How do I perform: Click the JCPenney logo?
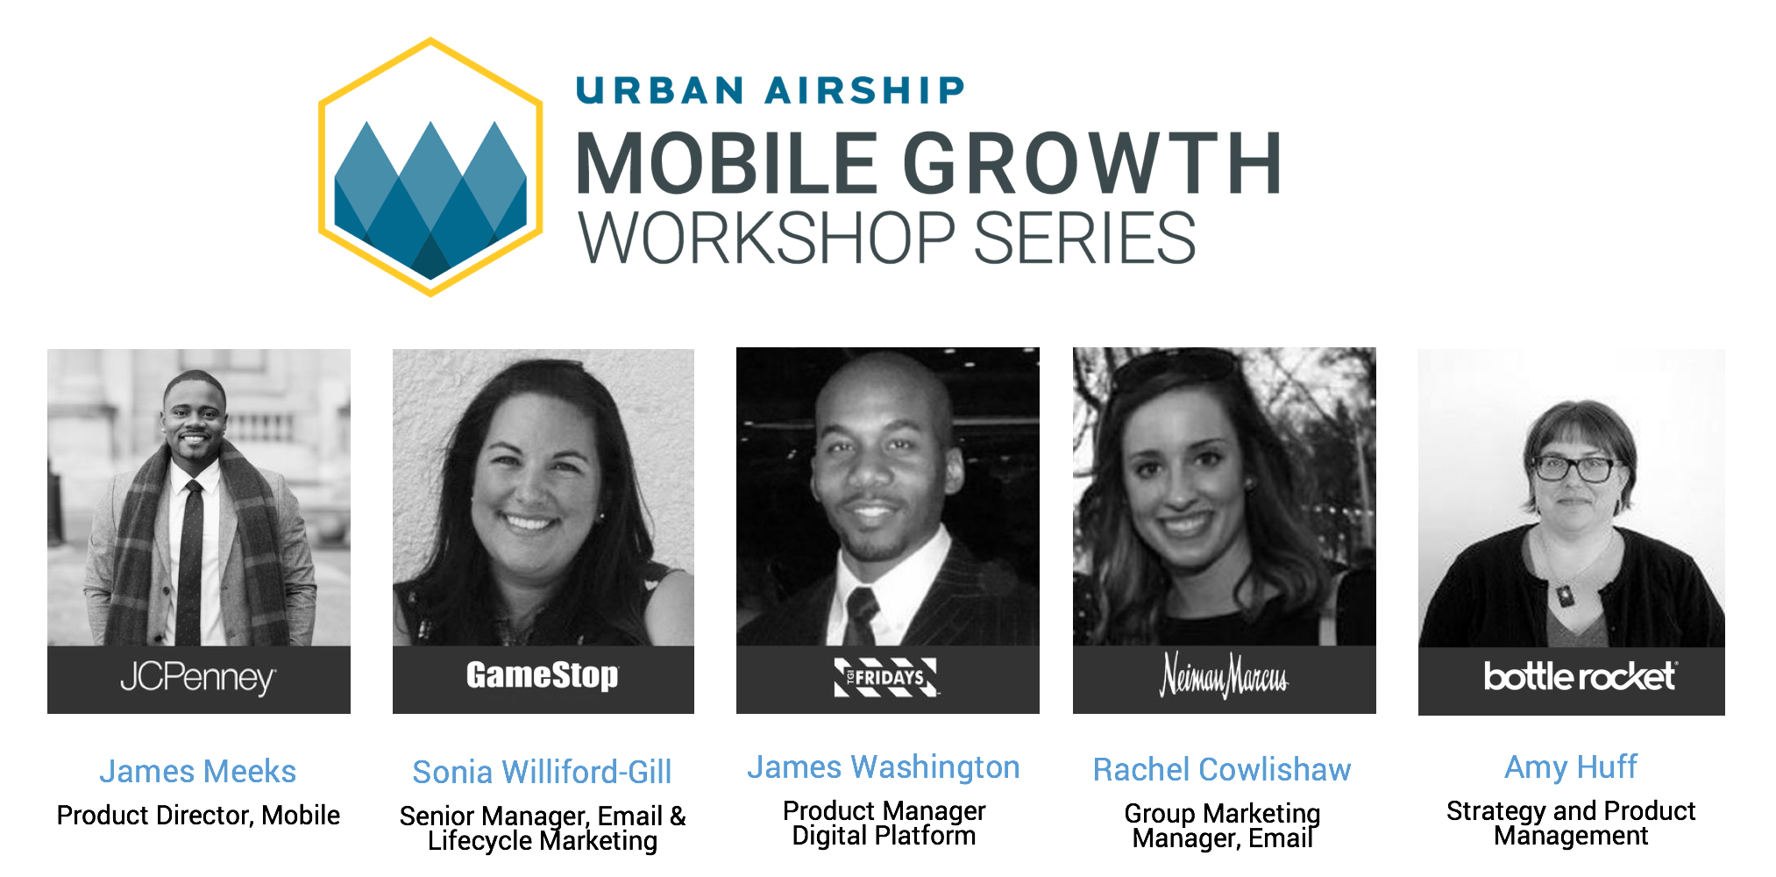click(198, 678)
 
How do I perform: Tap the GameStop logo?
click(543, 676)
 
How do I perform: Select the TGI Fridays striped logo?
click(886, 677)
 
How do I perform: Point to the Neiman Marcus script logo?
click(1224, 676)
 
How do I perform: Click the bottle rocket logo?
click(1579, 676)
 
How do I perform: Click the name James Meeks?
click(198, 772)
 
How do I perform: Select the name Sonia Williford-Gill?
click(542, 773)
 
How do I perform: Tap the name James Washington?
click(884, 767)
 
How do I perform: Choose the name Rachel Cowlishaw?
click(1222, 770)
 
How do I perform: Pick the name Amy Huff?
click(1571, 767)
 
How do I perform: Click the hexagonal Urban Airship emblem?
click(430, 167)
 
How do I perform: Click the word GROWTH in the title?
click(1092, 164)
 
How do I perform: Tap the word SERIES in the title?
click(1084, 239)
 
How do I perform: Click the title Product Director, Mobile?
click(198, 816)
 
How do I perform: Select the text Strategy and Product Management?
click(1571, 824)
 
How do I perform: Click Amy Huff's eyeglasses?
click(1575, 469)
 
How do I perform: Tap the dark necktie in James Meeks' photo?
click(190, 561)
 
